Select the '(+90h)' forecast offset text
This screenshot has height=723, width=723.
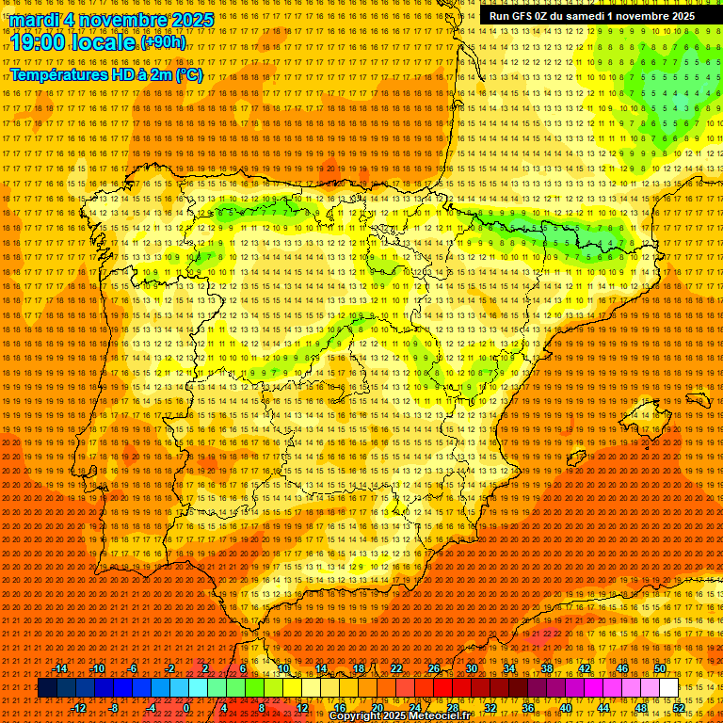pos(163,42)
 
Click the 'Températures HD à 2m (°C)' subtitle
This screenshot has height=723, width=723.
pos(106,74)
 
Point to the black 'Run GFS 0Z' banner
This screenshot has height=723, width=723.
pos(591,16)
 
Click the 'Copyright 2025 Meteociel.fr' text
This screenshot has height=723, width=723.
pos(399,716)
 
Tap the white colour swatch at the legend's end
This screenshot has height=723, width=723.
pos(668,688)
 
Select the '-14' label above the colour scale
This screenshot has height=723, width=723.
pos(60,668)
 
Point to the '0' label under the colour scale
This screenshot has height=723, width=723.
pos(186,708)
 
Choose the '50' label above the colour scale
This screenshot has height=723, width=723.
pos(660,668)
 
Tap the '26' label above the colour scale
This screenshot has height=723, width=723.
pos(434,668)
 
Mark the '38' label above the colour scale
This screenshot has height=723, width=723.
pos(546,668)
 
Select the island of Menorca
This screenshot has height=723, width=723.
pos(698,399)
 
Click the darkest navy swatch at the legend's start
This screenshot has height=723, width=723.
pos(47,688)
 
